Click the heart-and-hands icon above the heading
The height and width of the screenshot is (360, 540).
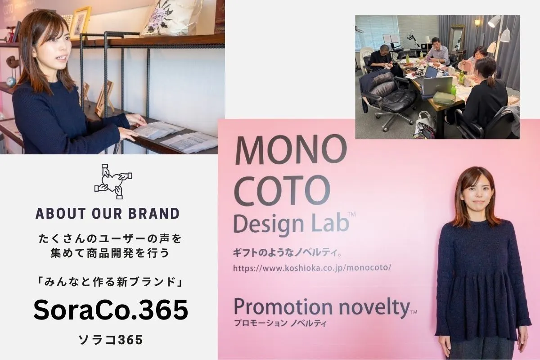pos(113,181)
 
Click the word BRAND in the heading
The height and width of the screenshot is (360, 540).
pos(154,213)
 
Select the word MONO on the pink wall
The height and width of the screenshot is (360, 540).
pos(291,150)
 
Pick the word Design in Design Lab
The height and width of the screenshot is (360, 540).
pos(269,224)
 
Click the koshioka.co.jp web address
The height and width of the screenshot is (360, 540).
pos(312,268)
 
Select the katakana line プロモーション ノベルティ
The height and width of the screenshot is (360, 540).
pos(280,323)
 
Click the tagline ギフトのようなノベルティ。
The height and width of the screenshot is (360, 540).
pos(287,253)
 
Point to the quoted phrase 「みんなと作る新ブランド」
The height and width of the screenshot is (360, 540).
pos(111,282)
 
